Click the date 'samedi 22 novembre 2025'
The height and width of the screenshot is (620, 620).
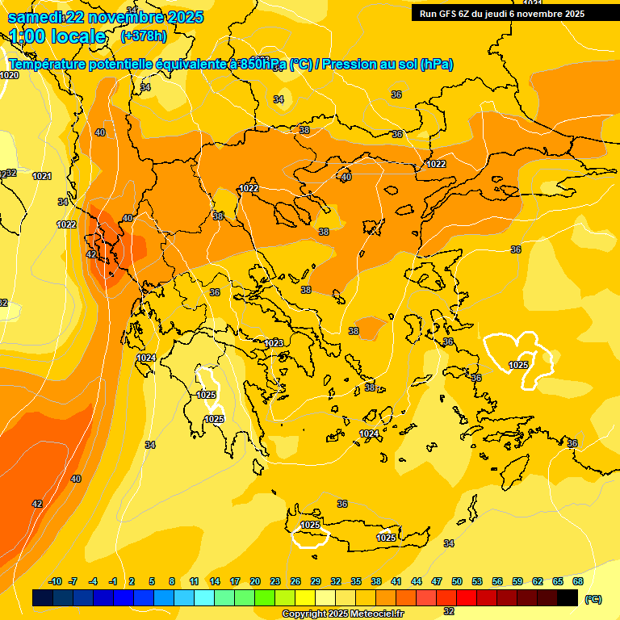pyautogui.click(x=106, y=17)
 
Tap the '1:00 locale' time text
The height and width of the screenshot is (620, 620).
pyautogui.click(x=57, y=36)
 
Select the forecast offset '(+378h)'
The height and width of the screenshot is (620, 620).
pyautogui.click(x=143, y=36)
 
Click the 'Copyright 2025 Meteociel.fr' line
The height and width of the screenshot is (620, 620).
pyautogui.click(x=342, y=614)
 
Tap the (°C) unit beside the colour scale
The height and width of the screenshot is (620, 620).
pyautogui.click(x=593, y=599)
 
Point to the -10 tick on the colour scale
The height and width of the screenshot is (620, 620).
pyautogui.click(x=55, y=581)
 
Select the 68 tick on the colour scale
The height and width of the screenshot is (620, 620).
pyautogui.click(x=578, y=581)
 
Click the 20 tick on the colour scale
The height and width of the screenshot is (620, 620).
pyautogui.click(x=255, y=581)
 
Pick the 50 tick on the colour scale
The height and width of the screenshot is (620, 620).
pyautogui.click(x=457, y=581)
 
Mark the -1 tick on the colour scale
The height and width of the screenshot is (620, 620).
pyautogui.click(x=114, y=581)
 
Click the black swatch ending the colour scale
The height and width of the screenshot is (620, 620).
pyautogui.click(x=568, y=598)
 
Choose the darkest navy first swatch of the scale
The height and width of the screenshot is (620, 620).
pyautogui.click(x=43, y=598)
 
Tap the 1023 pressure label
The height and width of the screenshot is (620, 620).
pyautogui.click(x=274, y=343)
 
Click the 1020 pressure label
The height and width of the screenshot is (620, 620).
pyautogui.click(x=9, y=75)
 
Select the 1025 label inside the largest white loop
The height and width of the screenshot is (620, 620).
pyautogui.click(x=518, y=365)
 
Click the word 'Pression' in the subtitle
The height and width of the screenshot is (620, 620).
pyautogui.click(x=350, y=65)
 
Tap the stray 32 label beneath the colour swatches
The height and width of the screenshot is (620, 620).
pyautogui.click(x=449, y=611)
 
